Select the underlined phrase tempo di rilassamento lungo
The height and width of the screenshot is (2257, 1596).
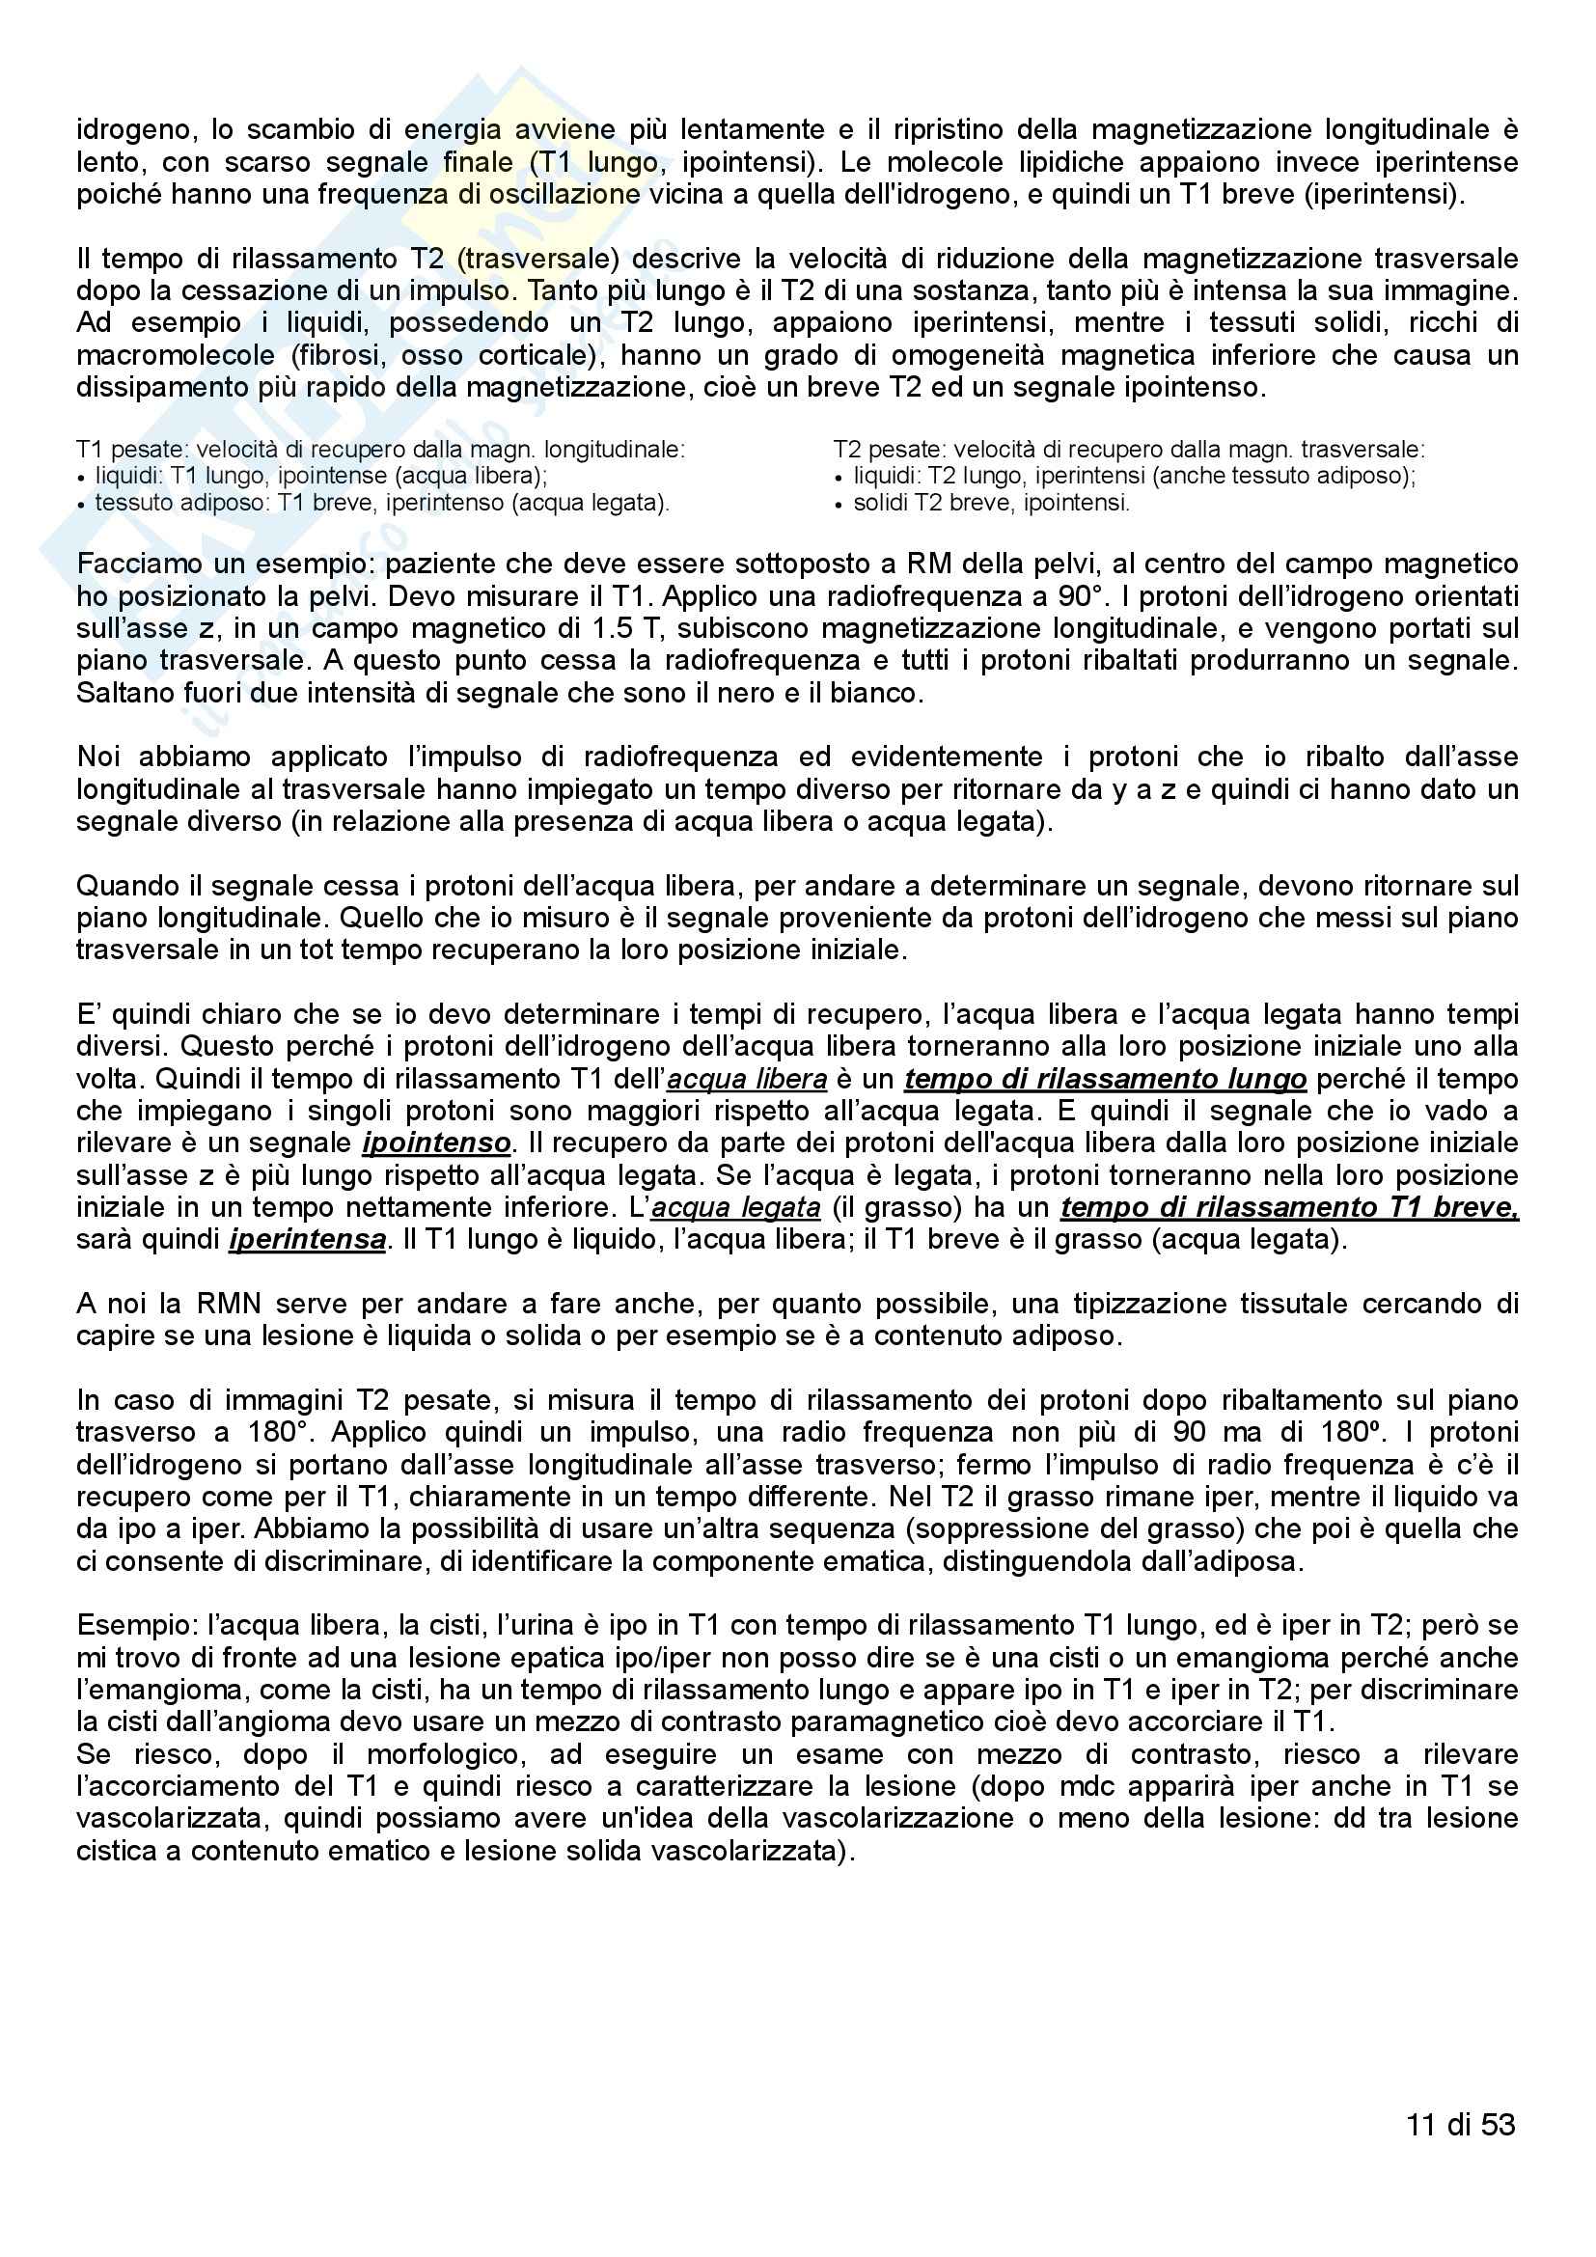pyautogui.click(x=1105, y=1080)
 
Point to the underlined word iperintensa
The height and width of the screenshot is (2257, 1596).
pyautogui.click(x=307, y=1240)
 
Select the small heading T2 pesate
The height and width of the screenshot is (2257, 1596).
pyautogui.click(x=890, y=451)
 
